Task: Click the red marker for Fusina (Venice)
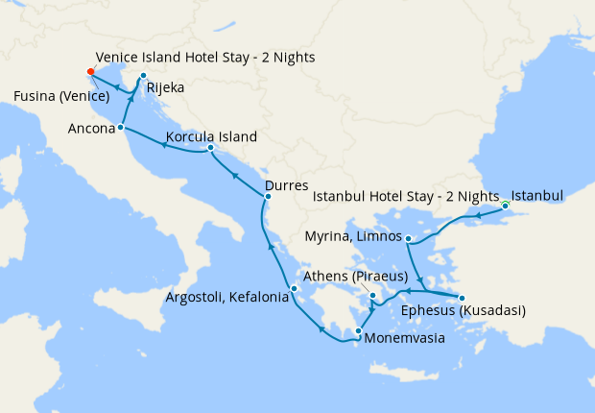click(x=90, y=71)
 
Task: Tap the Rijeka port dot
click(x=143, y=76)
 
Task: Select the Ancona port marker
click(x=121, y=127)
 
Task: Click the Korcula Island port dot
click(x=210, y=148)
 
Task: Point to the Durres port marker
click(x=267, y=197)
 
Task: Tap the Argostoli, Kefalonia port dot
click(x=295, y=288)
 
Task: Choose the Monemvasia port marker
click(x=358, y=332)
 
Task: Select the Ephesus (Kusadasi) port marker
click(x=462, y=298)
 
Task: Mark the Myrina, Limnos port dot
click(x=409, y=238)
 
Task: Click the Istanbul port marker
click(x=505, y=205)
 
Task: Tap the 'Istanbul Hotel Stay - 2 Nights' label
click(x=407, y=197)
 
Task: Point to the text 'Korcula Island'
click(x=211, y=137)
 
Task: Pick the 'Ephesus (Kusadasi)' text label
click(x=464, y=310)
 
